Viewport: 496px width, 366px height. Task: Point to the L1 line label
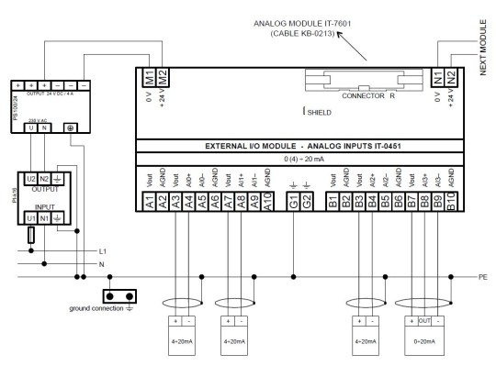click(102, 250)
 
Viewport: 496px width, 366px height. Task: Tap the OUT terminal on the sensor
click(424, 322)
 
